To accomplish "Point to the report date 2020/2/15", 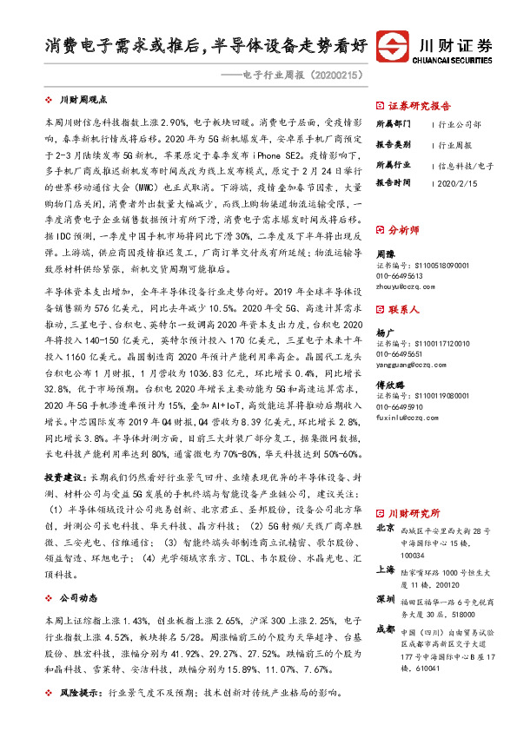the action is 456,184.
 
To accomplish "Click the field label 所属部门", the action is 395,124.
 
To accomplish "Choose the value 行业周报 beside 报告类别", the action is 456,145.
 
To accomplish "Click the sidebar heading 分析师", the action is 404,230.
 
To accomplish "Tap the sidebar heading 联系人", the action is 404,309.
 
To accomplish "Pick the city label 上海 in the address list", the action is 386,570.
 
